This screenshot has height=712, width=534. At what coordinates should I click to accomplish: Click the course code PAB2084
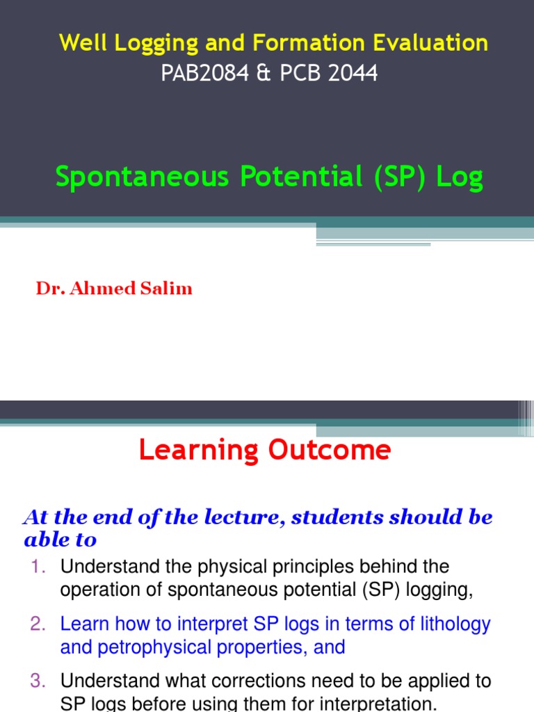[x=204, y=74]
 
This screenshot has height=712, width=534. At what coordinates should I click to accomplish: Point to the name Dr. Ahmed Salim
[x=114, y=289]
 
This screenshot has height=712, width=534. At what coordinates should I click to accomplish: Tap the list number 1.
[x=38, y=567]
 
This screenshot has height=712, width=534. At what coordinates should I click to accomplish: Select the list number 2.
[x=38, y=624]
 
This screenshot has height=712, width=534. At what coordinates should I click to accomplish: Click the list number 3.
[x=38, y=681]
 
